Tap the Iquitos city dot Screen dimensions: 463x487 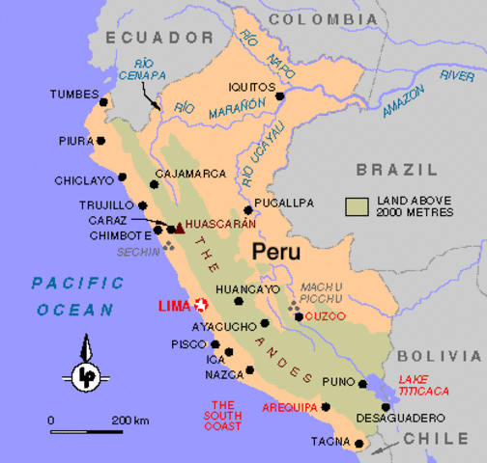click(x=280, y=96)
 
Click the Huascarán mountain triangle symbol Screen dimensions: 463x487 click(x=179, y=228)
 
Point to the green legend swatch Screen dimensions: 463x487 click(x=358, y=205)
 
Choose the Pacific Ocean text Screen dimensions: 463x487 click(x=76, y=296)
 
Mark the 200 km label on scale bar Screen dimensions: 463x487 click(x=129, y=421)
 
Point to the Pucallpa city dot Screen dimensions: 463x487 click(x=248, y=209)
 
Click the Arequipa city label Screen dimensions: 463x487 click(x=288, y=406)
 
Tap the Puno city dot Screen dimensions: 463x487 click(x=363, y=384)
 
